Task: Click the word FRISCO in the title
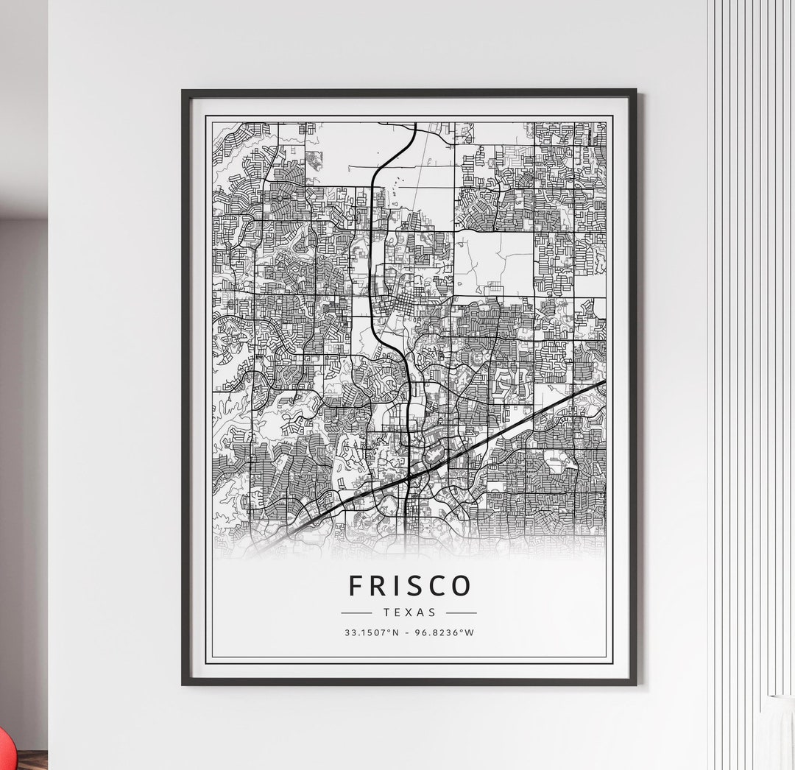pos(409,586)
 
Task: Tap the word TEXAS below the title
pos(409,612)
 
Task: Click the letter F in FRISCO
pos(356,586)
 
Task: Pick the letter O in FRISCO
pos(461,586)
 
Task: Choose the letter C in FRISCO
pos(434,586)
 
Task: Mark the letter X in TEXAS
pos(409,612)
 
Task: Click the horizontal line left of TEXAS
pos(357,612)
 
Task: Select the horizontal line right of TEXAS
pos(462,612)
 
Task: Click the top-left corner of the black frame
pos(184,91)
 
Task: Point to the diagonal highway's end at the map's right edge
pos(604,382)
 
